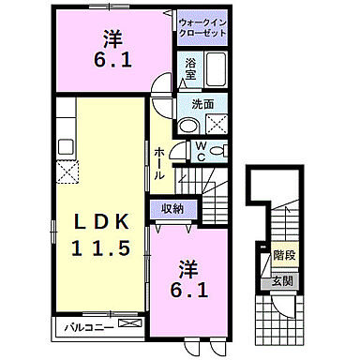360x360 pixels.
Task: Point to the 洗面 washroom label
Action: pos(204,105)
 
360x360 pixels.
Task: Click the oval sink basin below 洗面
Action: pos(188,126)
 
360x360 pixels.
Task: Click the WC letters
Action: pos(201,151)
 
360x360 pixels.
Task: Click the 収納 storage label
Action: pos(171,208)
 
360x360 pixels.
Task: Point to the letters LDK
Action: pos(100,222)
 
